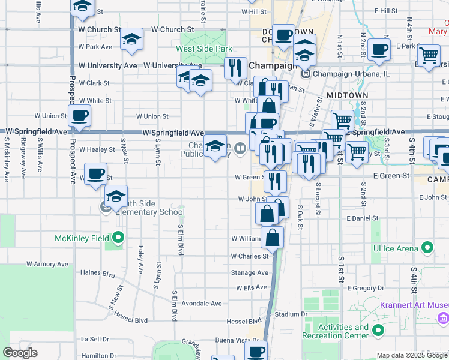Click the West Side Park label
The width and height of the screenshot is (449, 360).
point(203,49)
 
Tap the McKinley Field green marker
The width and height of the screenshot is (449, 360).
point(118,238)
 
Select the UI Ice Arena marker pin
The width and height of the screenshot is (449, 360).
point(427,247)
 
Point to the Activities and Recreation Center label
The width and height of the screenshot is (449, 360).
point(343,331)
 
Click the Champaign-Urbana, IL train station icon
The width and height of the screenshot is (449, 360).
point(307,74)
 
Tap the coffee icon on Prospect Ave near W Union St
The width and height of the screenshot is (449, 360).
point(79,115)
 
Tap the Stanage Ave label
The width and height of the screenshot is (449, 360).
point(250,272)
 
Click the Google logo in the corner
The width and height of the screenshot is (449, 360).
point(20,353)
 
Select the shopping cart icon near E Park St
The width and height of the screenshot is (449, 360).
point(429,55)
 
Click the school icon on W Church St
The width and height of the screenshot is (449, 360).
point(131,40)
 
